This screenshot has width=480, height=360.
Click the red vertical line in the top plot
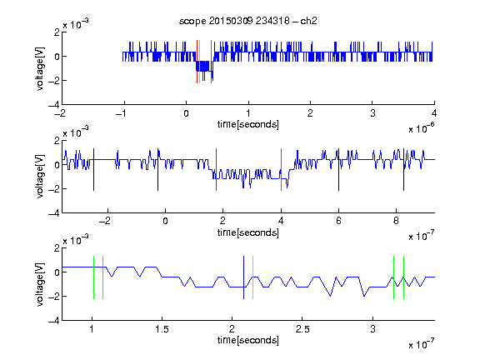tap(197, 62)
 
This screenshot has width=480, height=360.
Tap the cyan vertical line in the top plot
tap(200, 62)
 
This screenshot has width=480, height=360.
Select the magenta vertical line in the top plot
tap(211, 62)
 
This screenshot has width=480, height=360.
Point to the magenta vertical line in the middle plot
tap(282, 170)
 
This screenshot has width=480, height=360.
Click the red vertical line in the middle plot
tap(216, 170)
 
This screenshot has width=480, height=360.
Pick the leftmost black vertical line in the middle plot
tap(93, 170)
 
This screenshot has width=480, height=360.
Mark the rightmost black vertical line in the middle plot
tap(403, 170)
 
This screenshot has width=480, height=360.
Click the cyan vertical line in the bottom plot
tap(252, 277)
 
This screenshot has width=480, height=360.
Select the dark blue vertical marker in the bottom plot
tap(243, 277)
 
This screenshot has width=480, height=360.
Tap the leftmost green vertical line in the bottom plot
tap(93, 277)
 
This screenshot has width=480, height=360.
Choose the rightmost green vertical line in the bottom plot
tap(404, 277)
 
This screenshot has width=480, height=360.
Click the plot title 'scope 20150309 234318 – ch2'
tap(248, 21)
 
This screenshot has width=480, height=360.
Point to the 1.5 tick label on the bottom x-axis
tap(162, 329)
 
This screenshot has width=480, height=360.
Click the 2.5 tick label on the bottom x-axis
tap(302, 329)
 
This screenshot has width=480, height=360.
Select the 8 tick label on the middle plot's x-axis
tap(396, 221)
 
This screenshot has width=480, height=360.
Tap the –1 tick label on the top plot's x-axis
tap(121, 113)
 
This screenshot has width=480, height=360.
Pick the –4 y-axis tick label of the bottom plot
tap(54, 321)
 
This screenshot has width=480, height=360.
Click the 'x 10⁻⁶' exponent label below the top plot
tap(422, 128)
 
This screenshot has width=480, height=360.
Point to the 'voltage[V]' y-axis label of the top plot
tap(40, 68)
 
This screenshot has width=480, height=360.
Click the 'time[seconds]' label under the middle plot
tap(248, 232)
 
